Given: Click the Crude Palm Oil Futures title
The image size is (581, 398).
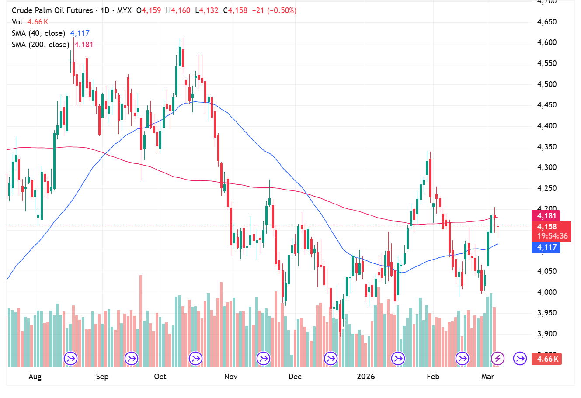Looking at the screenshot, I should [x=52, y=10].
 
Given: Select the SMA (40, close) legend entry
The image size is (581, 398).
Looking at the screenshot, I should [x=38, y=33].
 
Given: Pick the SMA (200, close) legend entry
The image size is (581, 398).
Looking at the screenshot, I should [x=40, y=45].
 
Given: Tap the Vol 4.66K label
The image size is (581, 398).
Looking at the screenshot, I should [x=30, y=22].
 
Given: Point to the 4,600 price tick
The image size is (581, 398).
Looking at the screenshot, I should [x=546, y=43].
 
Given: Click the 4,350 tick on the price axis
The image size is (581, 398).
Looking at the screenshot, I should [x=546, y=147].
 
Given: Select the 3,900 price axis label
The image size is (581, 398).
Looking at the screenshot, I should [x=546, y=334].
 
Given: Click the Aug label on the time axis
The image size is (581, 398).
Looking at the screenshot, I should [x=35, y=377].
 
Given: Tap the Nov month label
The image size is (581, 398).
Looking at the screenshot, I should [x=230, y=377].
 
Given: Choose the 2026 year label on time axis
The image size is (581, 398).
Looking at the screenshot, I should [x=365, y=377].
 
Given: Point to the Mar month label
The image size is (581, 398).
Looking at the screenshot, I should [x=487, y=377].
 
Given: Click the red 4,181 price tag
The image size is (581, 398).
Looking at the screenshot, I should [x=546, y=216].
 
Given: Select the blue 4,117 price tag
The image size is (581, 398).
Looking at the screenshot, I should [x=546, y=247].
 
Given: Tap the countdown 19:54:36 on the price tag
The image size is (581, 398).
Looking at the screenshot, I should [x=553, y=236].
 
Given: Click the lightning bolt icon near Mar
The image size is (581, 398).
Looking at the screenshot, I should [x=498, y=359].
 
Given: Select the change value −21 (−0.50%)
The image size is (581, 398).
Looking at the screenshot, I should [x=274, y=10].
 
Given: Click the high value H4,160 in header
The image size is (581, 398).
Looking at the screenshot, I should [x=178, y=10].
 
